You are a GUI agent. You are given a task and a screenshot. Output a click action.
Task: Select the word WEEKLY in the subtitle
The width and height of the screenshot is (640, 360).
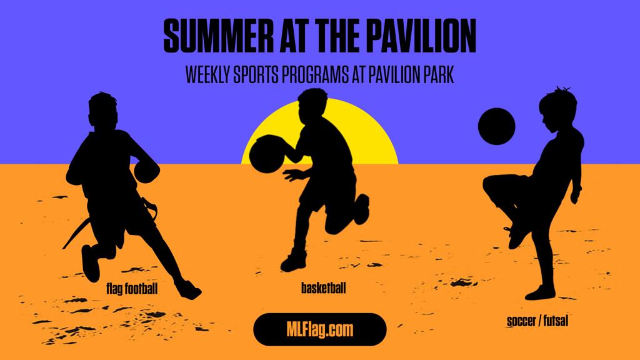click(x=207, y=75)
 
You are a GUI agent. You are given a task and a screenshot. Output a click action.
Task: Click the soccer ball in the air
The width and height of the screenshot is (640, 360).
click(x=496, y=126)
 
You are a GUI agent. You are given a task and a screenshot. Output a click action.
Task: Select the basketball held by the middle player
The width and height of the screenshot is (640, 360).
click(x=266, y=154)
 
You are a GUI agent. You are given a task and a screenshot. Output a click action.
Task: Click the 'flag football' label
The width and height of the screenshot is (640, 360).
click(x=132, y=289)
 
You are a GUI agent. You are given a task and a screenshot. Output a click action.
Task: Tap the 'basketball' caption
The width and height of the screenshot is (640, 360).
click(x=323, y=287)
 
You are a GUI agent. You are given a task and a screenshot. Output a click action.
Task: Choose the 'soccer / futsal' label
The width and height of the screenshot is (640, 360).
click(x=537, y=321)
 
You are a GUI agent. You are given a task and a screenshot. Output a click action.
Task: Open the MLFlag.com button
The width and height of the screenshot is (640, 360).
click(x=319, y=329)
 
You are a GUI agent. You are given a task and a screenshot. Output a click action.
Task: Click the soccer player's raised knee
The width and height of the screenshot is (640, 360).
click(x=491, y=183)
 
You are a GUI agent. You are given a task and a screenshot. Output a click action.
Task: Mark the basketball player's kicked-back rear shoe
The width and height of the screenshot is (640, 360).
click(x=362, y=209)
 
